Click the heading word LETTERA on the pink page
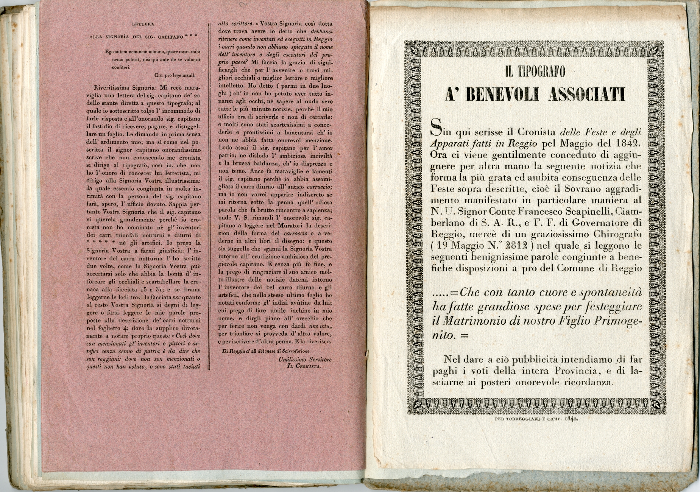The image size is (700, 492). point(143,24)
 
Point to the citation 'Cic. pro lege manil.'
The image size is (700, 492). point(175,75)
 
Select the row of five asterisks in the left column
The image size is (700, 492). point(99,243)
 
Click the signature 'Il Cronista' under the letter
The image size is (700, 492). point(305,366)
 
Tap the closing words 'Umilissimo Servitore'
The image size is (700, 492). point(305,359)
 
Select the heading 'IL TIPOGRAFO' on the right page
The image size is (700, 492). point(535,71)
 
